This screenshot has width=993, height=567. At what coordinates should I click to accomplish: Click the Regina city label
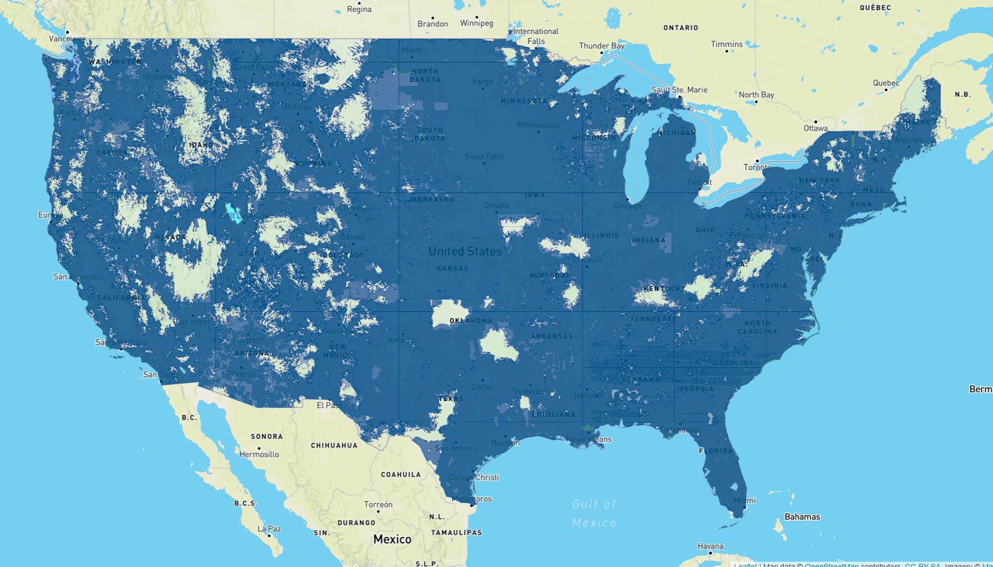pyautogui.click(x=359, y=9)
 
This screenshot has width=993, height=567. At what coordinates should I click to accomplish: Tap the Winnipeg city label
pyautogui.click(x=476, y=23)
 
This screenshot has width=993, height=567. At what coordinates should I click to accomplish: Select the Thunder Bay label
pyautogui.click(x=601, y=46)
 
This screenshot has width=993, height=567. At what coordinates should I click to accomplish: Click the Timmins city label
pyautogui.click(x=726, y=44)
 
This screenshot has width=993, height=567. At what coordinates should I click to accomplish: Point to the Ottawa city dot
pyautogui.click(x=815, y=122)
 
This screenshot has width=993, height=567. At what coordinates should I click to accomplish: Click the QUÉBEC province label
pyautogui.click(x=875, y=8)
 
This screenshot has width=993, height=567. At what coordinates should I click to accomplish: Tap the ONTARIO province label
pyautogui.click(x=681, y=28)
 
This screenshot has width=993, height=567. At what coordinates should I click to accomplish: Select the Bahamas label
pyautogui.click(x=802, y=517)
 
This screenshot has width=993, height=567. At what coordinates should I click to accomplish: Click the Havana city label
pyautogui.click(x=710, y=546)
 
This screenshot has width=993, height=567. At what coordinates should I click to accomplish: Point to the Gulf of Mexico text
pyautogui.click(x=594, y=513)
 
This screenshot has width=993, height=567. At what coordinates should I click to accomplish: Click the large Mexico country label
pyautogui.click(x=392, y=539)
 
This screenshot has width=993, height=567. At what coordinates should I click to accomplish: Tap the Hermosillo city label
pyautogui.click(x=259, y=454)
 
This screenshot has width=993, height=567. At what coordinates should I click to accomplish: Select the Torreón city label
pyautogui.click(x=378, y=505)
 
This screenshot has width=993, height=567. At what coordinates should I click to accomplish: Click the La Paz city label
pyautogui.click(x=269, y=529)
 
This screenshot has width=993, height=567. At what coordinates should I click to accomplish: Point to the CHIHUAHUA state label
pyautogui.click(x=334, y=445)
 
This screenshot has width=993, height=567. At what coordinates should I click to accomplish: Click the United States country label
pyautogui.click(x=464, y=252)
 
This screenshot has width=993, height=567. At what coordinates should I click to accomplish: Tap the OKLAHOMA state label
pyautogui.click(x=470, y=321)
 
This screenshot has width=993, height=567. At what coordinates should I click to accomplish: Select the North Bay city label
pyautogui.click(x=756, y=95)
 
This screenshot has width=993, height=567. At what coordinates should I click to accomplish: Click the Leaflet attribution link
pyautogui.click(x=744, y=565)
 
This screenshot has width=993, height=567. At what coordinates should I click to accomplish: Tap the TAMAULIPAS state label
pyautogui.click(x=456, y=533)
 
